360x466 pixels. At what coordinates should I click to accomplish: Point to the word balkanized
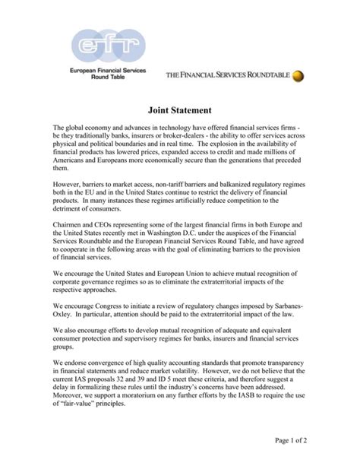[219, 184]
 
